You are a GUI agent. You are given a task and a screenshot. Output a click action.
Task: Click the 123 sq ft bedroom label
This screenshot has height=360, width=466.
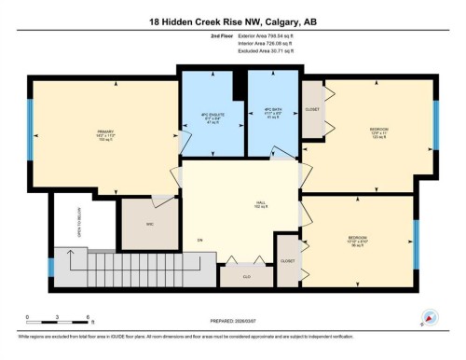(378, 131)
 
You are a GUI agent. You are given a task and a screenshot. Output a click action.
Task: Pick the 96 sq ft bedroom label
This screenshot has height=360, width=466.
(358, 239)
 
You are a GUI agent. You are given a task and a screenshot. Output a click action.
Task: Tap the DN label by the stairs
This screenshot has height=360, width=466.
(199, 241)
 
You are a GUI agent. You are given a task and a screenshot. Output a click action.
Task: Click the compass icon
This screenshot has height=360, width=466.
(430, 316)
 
